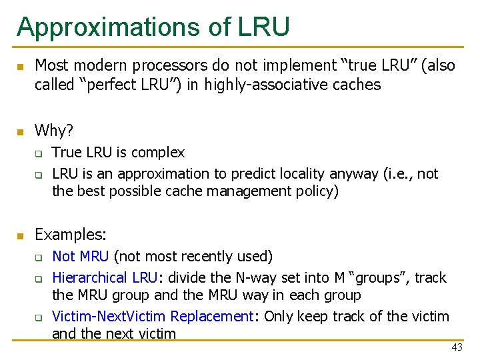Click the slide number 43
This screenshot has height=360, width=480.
(457, 347)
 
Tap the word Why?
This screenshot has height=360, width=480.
(54, 130)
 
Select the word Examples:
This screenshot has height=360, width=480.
(71, 235)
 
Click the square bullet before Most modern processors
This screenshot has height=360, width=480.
(20, 67)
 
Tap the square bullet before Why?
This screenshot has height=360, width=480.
(20, 131)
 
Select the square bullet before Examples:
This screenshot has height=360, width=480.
(20, 235)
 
